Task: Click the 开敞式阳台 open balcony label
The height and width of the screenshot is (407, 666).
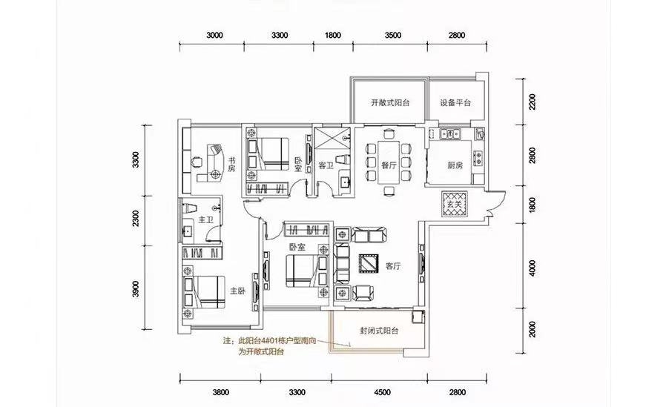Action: click(390, 103)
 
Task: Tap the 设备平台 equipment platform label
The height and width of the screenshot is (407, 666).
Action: click(455, 103)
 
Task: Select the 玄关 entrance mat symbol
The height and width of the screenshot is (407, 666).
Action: click(455, 204)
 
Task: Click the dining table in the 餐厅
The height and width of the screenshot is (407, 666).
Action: click(389, 162)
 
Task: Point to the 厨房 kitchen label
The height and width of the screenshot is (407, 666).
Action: click(455, 165)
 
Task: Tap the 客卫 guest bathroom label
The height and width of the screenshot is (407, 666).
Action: click(326, 165)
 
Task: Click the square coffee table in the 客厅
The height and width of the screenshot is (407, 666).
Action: click(369, 264)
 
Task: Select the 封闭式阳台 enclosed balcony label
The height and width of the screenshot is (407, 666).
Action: click(379, 331)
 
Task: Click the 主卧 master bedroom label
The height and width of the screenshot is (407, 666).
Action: click(238, 291)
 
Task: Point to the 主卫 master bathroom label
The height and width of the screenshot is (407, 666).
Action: click(205, 220)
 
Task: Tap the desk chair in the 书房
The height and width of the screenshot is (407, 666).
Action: click(197, 162)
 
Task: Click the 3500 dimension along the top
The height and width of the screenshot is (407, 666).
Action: click(393, 36)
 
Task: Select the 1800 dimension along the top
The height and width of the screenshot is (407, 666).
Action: click(333, 36)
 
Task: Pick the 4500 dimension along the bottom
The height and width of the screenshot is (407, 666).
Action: click(382, 393)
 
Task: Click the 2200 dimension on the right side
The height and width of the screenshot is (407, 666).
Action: click(533, 102)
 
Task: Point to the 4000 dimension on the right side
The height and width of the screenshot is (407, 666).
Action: click(533, 268)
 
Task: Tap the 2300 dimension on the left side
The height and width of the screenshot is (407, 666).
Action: click(136, 218)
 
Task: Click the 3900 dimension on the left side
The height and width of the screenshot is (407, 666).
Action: click(136, 288)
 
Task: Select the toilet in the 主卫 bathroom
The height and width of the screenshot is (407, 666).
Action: click(189, 208)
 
